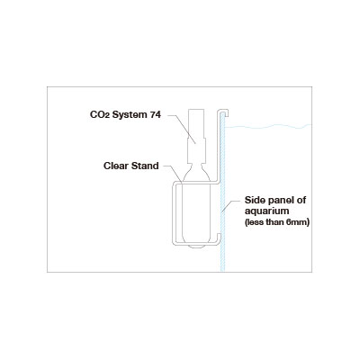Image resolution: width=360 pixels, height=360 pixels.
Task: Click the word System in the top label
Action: pyautogui.click(x=129, y=115)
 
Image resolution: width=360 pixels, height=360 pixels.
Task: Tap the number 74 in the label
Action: pyautogui.click(x=155, y=114)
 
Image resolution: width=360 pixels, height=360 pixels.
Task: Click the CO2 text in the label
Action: pyautogui.click(x=100, y=115)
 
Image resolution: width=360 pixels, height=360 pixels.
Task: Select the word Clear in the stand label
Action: pyautogui.click(x=116, y=166)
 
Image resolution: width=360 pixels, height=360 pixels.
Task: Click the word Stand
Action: pyautogui.click(x=145, y=166)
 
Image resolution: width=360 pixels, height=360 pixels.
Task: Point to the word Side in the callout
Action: pyautogui.click(x=255, y=200)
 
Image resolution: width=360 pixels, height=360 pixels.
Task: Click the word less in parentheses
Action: pyautogui.click(x=251, y=223)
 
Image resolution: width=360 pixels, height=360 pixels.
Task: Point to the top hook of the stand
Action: pyautogui.click(x=223, y=112)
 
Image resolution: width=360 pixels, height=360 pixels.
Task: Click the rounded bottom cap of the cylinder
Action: pyautogui.click(x=196, y=247)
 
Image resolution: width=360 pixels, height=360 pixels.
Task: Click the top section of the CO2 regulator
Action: pyautogui.click(x=196, y=122)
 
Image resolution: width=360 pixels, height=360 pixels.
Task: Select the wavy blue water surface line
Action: pyautogui.click(x=268, y=127)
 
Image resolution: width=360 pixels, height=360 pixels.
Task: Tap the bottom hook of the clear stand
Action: pyautogui.click(x=218, y=239)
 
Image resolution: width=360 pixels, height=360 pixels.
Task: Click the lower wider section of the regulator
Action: pyautogui.click(x=196, y=150)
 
